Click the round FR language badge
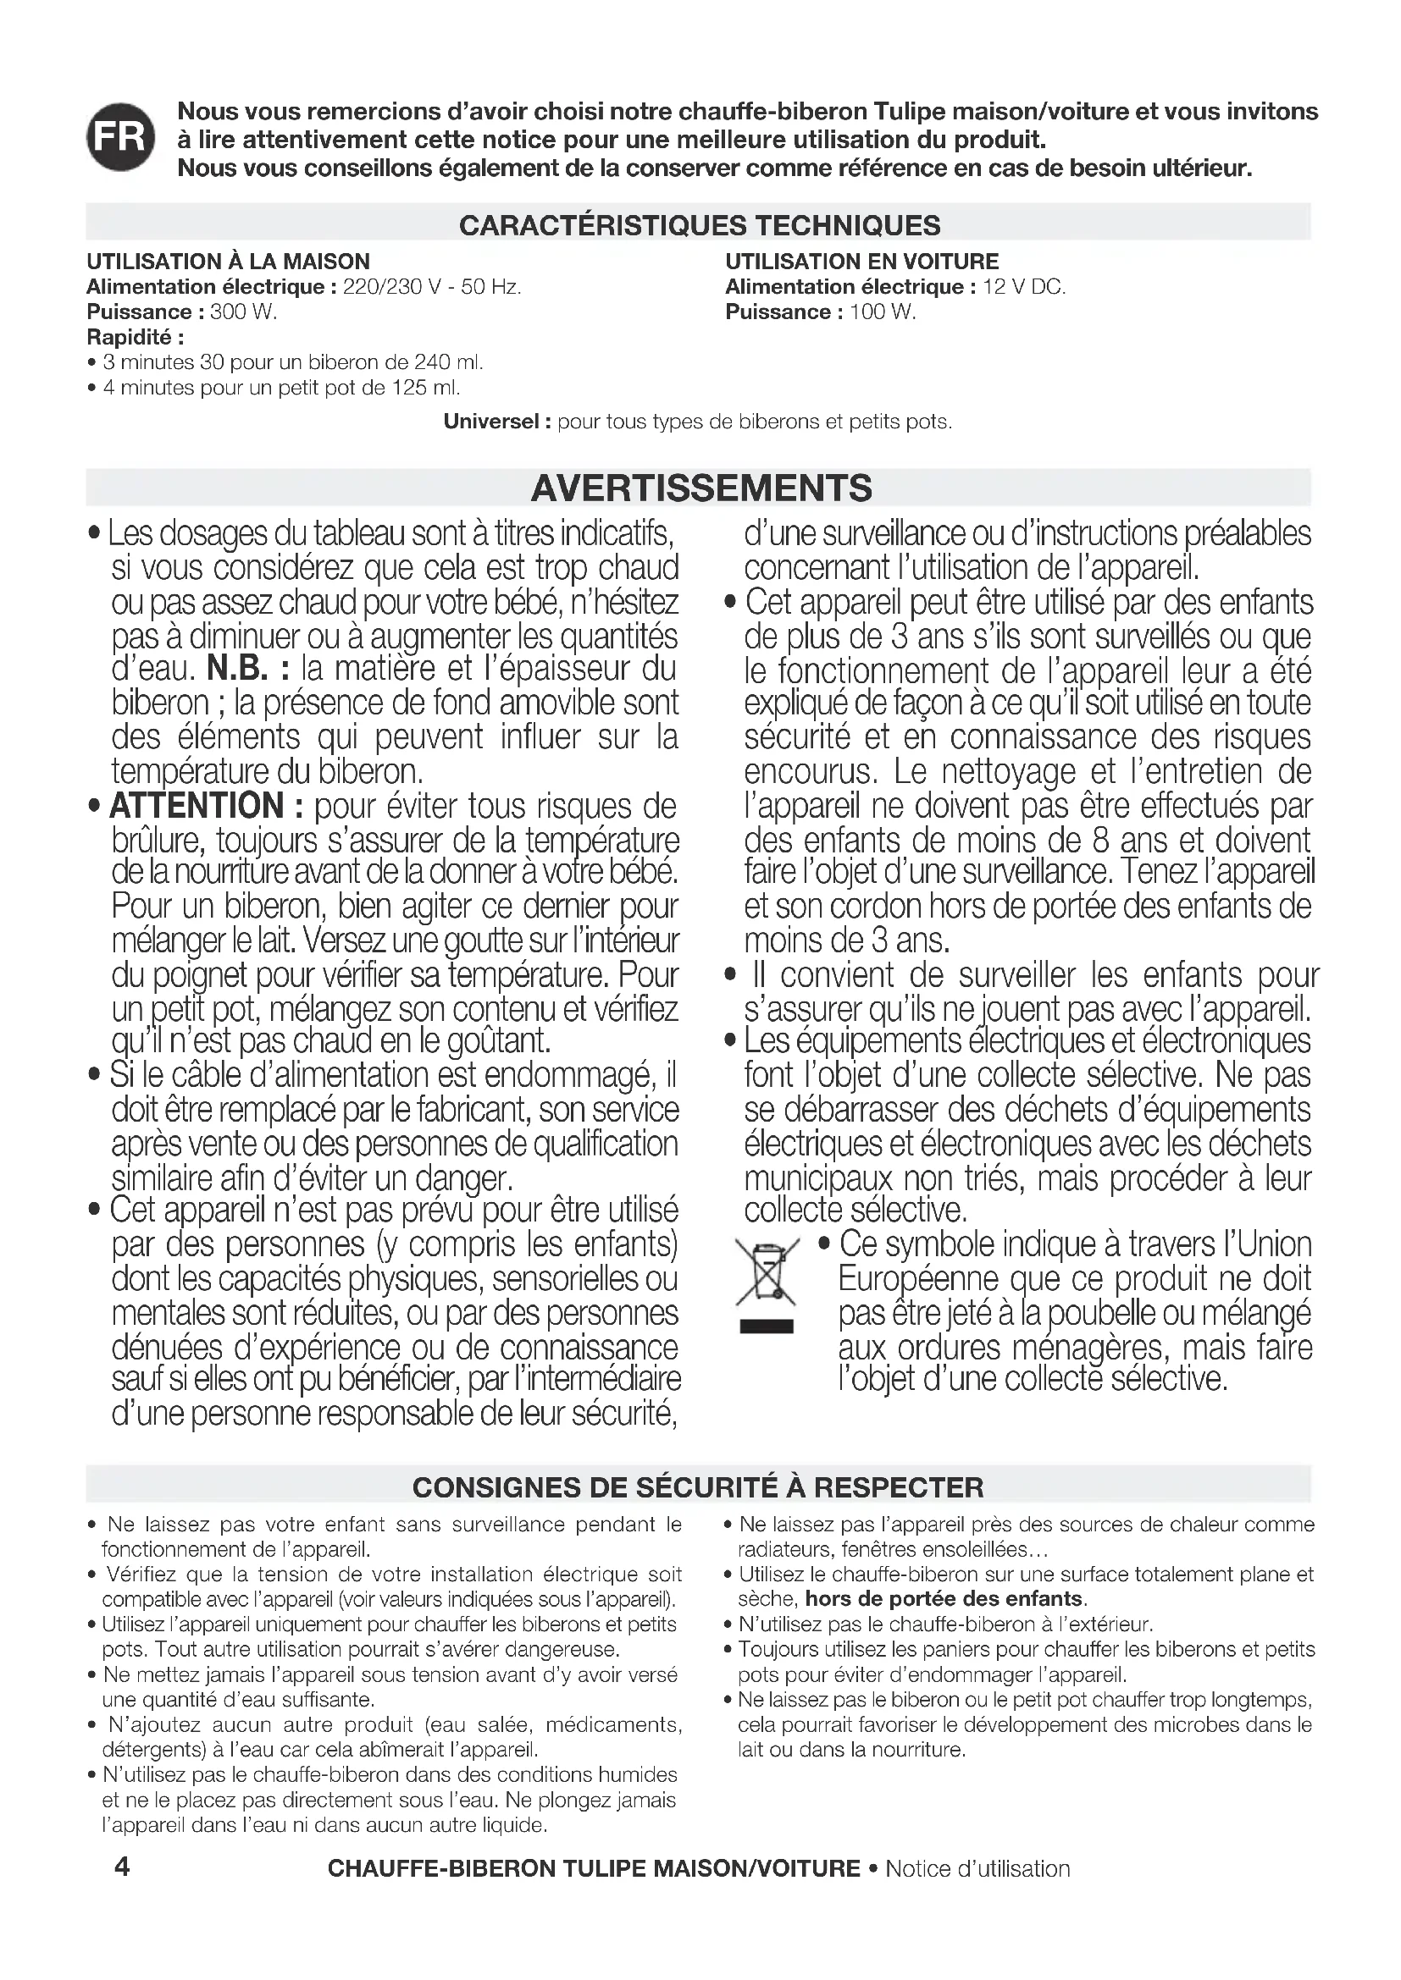point(121,137)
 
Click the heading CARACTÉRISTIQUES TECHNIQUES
point(700,225)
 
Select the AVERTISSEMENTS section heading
point(700,488)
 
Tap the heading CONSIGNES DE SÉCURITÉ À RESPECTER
point(698,1487)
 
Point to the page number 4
point(123,1867)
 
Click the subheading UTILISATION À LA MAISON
point(229,262)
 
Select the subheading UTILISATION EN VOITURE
point(861,262)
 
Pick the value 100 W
point(883,312)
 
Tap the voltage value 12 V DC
point(1024,287)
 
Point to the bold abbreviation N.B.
point(248,670)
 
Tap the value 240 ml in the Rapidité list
point(447,362)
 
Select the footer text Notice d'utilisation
point(977,1868)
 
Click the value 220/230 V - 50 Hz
point(432,287)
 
